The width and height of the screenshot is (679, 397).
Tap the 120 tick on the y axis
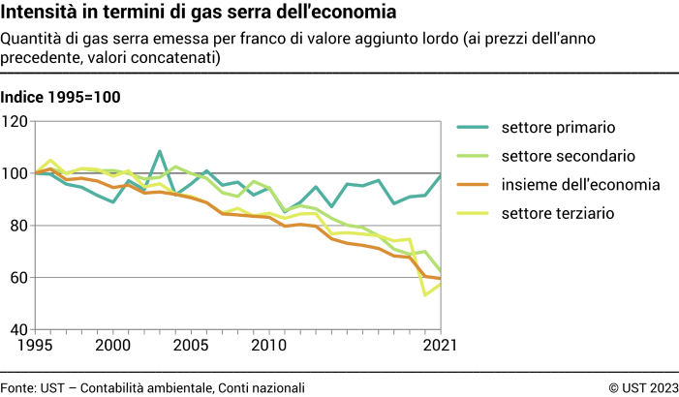(15, 121)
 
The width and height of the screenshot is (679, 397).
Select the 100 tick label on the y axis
(15, 173)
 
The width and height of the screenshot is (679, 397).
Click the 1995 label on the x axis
(35, 345)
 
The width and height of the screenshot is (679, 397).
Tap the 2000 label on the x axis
(113, 345)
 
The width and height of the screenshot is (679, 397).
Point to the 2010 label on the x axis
(269, 345)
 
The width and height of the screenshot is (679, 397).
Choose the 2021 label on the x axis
(426, 345)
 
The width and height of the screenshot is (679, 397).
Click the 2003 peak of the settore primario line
(160, 152)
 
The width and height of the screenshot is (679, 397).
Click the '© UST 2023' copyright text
(643, 387)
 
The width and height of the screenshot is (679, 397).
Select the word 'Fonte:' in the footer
(18, 387)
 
